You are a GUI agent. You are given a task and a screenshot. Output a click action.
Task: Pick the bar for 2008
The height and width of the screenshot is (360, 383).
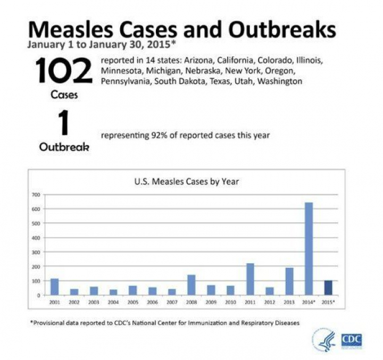pos(191,284)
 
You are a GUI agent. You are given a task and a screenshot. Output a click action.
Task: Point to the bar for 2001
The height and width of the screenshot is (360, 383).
pos(54,287)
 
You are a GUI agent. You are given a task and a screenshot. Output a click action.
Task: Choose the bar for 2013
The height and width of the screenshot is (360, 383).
pos(289,281)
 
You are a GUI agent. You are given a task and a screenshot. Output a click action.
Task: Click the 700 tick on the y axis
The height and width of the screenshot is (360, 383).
pos(37,194)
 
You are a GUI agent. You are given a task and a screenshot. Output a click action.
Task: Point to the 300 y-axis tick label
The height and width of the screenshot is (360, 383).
pos(37,252)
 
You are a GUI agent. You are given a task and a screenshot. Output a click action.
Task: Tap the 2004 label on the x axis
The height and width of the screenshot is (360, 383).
pos(113,302)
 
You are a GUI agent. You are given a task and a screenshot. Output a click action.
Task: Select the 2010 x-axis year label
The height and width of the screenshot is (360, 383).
pos(230,302)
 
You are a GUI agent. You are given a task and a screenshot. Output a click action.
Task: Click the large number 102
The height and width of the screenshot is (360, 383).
pos(64,71)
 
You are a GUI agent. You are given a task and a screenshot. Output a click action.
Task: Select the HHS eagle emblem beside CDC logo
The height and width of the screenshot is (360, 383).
pos(322,339)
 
